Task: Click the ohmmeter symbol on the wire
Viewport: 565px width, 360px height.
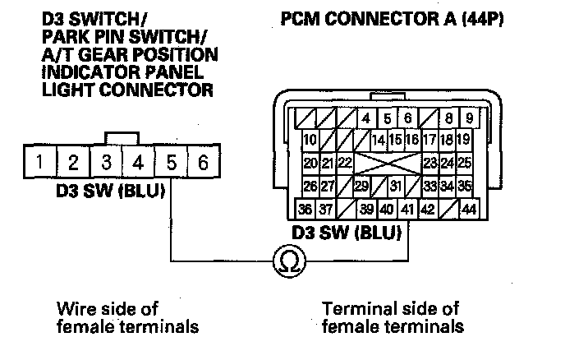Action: [x=289, y=262]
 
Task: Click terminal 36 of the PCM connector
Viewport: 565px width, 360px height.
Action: [x=305, y=209]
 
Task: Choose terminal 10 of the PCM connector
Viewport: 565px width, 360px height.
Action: [x=310, y=140]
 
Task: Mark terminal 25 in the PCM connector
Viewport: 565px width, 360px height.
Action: [x=464, y=163]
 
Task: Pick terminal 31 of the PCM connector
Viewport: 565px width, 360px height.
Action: [x=396, y=186]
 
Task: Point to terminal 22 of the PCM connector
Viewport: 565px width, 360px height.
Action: [x=345, y=163]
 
